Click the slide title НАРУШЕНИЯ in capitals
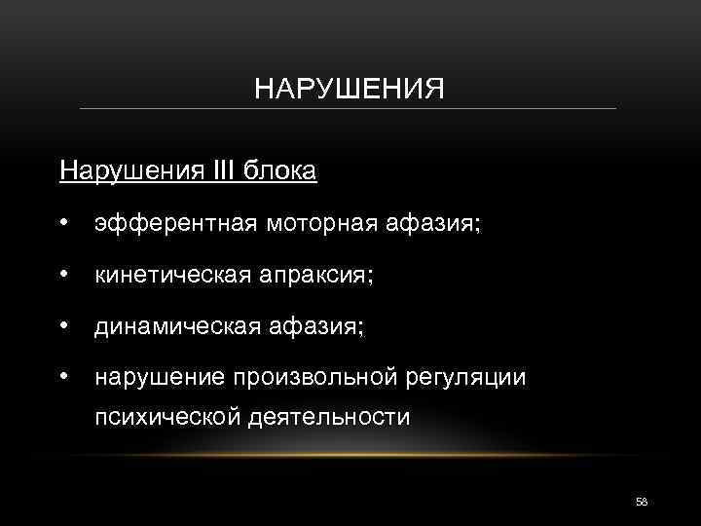349,91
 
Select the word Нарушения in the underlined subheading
119,172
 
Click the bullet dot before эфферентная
63,225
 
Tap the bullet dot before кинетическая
63,277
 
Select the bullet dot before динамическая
63,328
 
